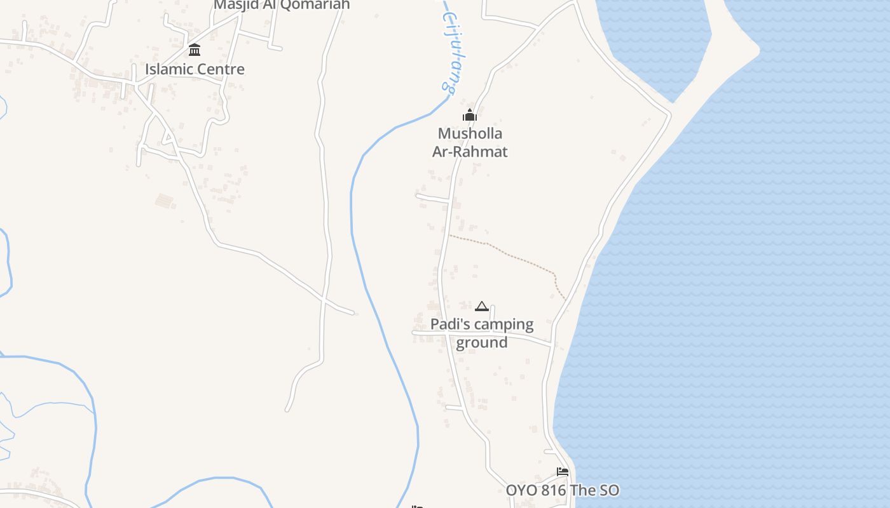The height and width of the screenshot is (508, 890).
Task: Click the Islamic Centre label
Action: pos(195,69)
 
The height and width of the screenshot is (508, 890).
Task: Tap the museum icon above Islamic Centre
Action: pos(195,50)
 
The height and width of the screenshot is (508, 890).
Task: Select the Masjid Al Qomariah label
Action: pos(282,4)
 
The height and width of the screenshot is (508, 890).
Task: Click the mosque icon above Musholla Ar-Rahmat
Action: pos(470,115)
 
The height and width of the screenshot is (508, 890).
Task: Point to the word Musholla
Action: pos(470,133)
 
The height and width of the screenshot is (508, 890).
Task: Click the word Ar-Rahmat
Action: pos(470,152)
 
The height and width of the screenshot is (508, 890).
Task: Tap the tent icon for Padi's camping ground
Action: pos(482,307)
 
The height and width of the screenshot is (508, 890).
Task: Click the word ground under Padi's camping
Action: pos(482,343)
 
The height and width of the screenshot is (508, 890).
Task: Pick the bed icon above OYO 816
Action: pos(562,472)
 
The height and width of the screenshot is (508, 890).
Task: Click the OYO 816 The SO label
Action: pos(562,490)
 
